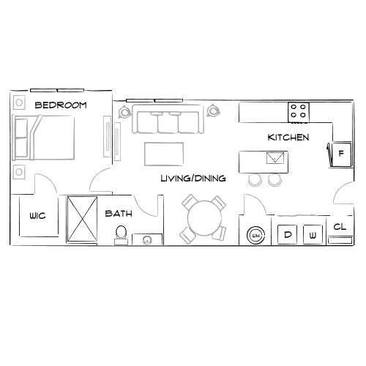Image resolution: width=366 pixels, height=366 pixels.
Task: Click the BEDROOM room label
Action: (x=61, y=105)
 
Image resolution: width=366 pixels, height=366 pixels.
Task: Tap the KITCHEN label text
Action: (x=288, y=137)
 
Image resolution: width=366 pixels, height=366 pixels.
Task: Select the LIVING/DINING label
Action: (x=193, y=178)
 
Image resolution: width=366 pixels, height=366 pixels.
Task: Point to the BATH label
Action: (x=118, y=214)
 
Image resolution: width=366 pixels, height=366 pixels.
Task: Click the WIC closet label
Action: (x=38, y=216)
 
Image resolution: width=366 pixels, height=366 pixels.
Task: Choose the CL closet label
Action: (x=339, y=228)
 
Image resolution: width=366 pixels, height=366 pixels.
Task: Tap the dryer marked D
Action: (x=288, y=235)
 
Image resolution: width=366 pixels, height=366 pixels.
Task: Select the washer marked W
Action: (x=313, y=235)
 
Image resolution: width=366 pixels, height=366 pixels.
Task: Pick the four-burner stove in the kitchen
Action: (x=299, y=111)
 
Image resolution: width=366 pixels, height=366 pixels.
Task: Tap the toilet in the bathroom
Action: (x=122, y=234)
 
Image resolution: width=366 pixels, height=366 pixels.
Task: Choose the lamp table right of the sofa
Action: (x=214, y=111)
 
